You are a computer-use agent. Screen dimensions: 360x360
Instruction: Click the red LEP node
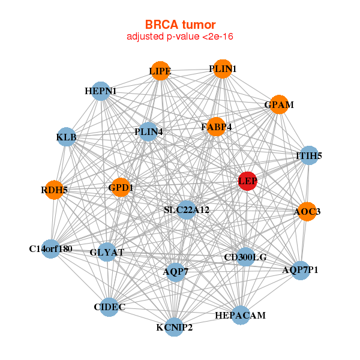247,181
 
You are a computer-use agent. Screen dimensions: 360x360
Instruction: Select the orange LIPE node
160,71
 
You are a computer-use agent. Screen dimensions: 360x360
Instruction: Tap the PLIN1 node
223,68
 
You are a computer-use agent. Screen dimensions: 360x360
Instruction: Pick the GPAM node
279,104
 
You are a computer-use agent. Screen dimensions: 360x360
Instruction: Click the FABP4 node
216,127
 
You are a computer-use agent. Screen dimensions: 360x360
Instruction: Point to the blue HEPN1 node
101,91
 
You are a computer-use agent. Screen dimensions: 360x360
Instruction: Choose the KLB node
66,137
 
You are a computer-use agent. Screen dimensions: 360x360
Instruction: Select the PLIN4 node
148,132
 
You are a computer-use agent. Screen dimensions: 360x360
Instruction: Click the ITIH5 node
309,155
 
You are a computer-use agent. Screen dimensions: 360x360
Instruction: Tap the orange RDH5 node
54,190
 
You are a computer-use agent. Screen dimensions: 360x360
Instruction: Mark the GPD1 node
121,187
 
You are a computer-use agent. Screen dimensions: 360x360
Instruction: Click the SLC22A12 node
187,209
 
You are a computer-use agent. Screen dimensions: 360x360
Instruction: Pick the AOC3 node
307,211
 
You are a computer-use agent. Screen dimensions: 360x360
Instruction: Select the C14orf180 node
51,248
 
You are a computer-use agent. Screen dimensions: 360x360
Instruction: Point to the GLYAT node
107,252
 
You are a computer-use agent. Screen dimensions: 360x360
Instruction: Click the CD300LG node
245,257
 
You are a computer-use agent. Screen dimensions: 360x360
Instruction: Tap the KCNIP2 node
174,327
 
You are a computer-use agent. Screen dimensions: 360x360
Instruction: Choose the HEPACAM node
241,315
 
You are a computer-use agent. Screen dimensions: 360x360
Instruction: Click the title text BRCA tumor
180,25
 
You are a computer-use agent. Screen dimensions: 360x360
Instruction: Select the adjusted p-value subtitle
180,37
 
